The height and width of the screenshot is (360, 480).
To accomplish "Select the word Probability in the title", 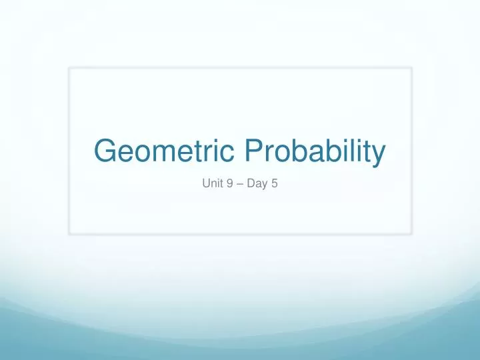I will [x=315, y=153].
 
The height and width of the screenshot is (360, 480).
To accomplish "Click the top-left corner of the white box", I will [x=69, y=67].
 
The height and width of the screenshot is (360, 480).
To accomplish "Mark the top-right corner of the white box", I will [x=411, y=67].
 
